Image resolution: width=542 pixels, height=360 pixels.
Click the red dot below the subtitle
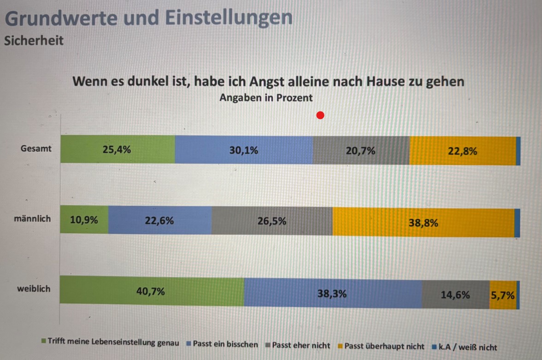320,115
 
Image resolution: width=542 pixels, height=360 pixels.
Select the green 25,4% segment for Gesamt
118,150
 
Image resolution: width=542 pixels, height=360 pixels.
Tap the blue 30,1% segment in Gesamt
244,150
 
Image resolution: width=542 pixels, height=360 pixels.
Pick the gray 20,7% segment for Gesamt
361,150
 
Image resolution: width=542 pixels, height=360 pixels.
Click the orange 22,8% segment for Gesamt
462,151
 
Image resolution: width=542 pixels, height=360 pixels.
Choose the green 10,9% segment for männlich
84,220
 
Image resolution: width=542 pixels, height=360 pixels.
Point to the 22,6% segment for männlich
160,221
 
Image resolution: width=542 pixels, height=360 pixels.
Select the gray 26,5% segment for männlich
272,221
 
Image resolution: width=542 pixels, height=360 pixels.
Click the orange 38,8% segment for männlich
423,223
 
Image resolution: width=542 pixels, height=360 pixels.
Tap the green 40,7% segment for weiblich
152,291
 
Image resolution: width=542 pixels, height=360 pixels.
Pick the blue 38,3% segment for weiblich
332,293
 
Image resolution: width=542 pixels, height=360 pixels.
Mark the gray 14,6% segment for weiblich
455,295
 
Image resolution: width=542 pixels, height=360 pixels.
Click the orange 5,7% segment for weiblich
503,295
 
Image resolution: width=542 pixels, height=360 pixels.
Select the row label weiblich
34,289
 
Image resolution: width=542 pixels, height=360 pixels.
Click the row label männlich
32,218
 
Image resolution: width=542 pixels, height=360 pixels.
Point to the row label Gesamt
36,149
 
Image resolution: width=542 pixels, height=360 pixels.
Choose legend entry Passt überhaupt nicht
384,346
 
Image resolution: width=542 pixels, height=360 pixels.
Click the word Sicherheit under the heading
34,41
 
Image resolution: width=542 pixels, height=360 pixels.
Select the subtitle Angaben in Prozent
266,98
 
